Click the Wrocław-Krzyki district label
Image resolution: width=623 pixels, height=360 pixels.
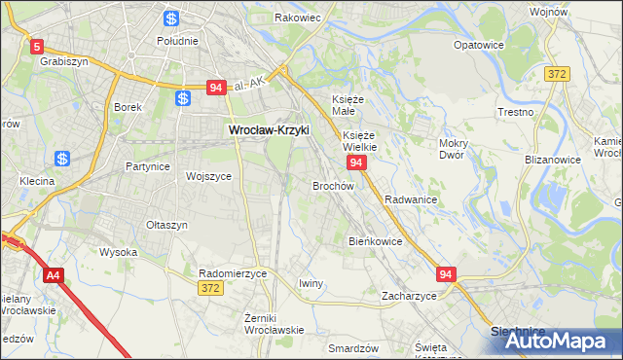pos(268,129)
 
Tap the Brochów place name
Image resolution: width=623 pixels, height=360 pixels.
pos(332,185)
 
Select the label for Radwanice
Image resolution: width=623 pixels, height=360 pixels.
pos(410,198)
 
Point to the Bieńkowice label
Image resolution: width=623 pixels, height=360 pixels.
pos(376,240)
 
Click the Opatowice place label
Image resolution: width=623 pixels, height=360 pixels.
pos(479,45)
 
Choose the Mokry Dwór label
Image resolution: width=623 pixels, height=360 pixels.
pos(454,149)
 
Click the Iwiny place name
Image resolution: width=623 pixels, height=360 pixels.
pos(311,283)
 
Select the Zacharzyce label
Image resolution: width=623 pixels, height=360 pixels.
pos(409,295)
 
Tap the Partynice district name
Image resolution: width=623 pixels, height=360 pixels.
pos(148,166)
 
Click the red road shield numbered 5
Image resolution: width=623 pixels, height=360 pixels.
pos(37,46)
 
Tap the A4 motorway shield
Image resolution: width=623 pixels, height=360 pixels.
pos(53,276)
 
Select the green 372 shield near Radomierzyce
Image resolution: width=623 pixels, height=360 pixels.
pos(210,289)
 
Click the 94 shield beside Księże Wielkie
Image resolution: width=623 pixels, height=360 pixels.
pos(356,162)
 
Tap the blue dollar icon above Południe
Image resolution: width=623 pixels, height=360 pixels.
pos(171,18)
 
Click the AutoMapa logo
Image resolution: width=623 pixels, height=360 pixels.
pos(553,341)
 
